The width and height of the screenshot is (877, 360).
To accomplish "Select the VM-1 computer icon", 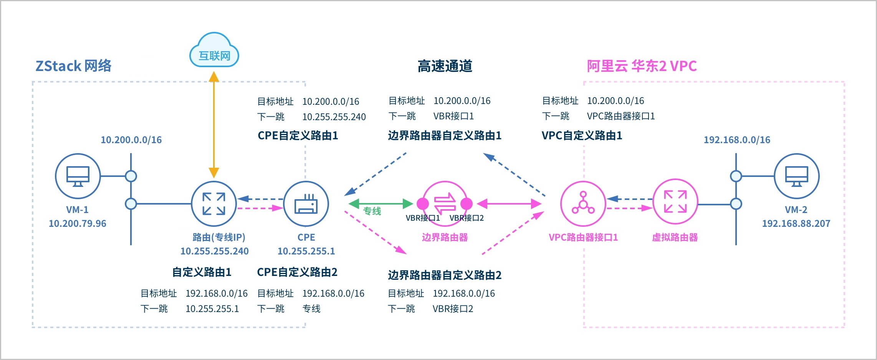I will pyautogui.click(x=78, y=176).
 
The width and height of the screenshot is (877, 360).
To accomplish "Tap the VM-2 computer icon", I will pyautogui.click(x=796, y=176).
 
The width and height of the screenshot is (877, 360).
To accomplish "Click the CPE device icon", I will pyautogui.click(x=306, y=204).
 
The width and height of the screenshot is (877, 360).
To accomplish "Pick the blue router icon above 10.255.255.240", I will pyautogui.click(x=214, y=204).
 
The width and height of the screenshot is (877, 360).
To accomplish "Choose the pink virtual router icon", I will pyautogui.click(x=675, y=201).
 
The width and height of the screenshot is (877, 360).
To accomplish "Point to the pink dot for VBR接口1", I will pyautogui.click(x=423, y=204).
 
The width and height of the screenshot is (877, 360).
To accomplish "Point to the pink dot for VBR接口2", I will pyautogui.click(x=467, y=204).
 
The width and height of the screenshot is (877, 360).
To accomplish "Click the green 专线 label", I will pyautogui.click(x=372, y=211).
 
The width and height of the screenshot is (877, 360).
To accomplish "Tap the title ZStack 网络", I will pyautogui.click(x=73, y=66).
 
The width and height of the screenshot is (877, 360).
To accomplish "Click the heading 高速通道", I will pyautogui.click(x=445, y=66).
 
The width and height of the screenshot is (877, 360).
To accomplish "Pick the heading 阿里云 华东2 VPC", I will pyautogui.click(x=641, y=66).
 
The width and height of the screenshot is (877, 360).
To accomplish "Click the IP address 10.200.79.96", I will pyautogui.click(x=78, y=223).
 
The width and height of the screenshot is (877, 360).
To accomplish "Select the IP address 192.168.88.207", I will pyautogui.click(x=796, y=223).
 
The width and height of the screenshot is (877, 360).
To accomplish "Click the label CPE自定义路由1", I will pyautogui.click(x=298, y=135).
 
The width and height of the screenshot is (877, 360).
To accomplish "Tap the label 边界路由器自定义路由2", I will pyautogui.click(x=445, y=275).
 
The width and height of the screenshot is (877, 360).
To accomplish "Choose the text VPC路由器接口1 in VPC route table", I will pyautogui.click(x=621, y=116).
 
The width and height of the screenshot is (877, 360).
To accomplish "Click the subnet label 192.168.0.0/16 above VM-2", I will pyautogui.click(x=737, y=140).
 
